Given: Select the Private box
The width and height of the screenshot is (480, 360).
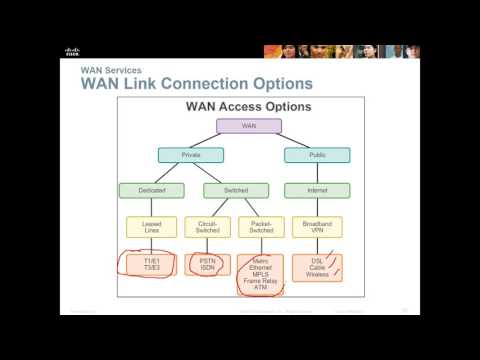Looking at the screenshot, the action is click(x=191, y=155).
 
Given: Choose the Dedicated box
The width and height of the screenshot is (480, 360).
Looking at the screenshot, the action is click(x=144, y=190).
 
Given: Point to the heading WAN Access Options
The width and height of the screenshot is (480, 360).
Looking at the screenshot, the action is click(x=248, y=106).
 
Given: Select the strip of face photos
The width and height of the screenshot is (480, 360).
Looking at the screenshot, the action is click(x=341, y=52).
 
